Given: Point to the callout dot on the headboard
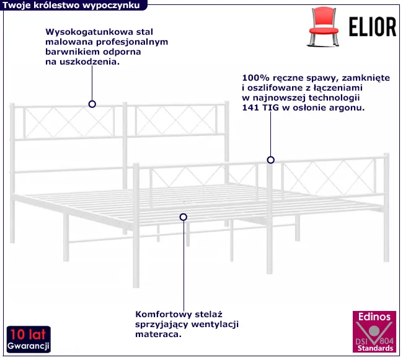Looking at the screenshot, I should tap(92, 104).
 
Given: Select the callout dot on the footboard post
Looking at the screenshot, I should tap(270, 160).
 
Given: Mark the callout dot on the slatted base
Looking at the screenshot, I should tap(183, 217).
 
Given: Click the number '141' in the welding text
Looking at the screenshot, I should tap(250, 108).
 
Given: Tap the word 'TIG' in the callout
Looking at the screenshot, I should tap(271, 108).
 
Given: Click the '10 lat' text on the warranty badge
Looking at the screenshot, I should tap(28, 333).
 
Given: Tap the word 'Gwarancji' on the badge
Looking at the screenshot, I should tap(29, 345).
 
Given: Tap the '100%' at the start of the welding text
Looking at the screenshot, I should tap(255, 78).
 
